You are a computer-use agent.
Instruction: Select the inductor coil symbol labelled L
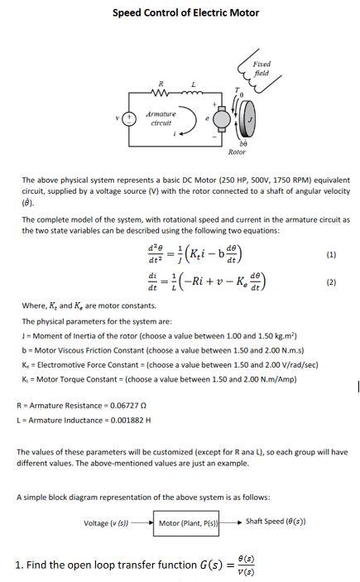click(194, 92)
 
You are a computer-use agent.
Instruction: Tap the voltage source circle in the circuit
click(130, 118)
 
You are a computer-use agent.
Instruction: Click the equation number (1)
click(331, 255)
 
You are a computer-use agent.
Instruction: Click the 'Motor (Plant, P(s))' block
click(190, 522)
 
